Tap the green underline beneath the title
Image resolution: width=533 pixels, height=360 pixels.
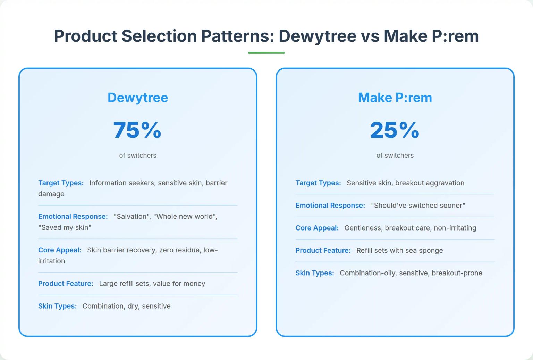click(x=266, y=53)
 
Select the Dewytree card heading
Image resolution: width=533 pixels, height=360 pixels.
click(x=138, y=98)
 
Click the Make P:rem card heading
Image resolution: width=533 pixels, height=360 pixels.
click(x=395, y=98)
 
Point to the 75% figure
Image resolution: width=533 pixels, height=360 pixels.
click(x=137, y=130)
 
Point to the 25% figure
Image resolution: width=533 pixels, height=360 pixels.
click(x=395, y=130)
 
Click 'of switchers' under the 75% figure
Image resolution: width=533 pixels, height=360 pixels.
click(x=138, y=156)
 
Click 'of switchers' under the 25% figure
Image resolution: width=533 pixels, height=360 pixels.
click(x=395, y=156)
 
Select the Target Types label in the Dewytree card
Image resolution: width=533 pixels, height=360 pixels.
click(x=61, y=183)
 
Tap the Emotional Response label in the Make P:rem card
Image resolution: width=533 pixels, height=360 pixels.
click(x=330, y=206)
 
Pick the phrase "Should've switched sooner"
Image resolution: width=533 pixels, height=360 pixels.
click(x=418, y=206)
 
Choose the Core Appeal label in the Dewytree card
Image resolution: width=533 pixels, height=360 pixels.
click(x=60, y=250)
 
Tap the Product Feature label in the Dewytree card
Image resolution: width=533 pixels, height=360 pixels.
click(x=66, y=284)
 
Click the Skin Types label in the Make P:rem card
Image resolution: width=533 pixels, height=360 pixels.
click(x=315, y=273)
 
